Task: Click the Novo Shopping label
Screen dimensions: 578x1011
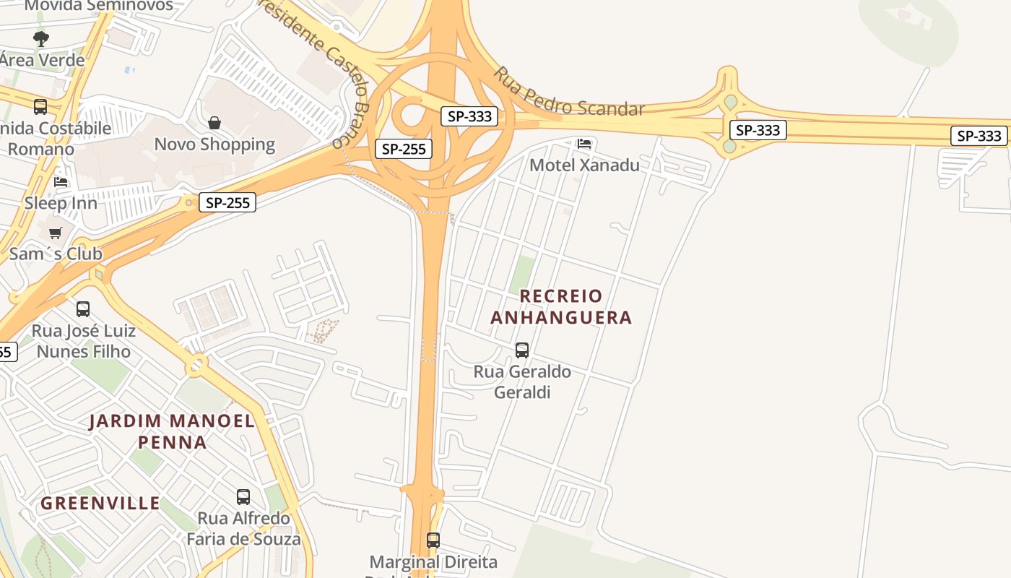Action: pyautogui.click(x=214, y=144)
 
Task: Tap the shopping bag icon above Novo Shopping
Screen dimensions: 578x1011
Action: pyautogui.click(x=214, y=124)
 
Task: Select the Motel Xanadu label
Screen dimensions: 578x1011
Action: pyautogui.click(x=584, y=165)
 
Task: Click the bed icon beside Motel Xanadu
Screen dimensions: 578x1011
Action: pyautogui.click(x=584, y=144)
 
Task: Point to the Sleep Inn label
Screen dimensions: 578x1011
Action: pyautogui.click(x=61, y=203)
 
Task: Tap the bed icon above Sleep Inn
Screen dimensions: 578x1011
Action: pyautogui.click(x=61, y=182)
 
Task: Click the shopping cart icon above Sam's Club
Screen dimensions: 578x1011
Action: pyautogui.click(x=55, y=233)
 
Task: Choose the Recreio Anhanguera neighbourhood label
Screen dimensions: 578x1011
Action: pyautogui.click(x=560, y=306)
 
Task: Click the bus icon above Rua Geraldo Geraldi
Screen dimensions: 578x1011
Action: pyautogui.click(x=521, y=350)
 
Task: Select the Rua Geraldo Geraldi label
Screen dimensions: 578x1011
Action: pyautogui.click(x=521, y=382)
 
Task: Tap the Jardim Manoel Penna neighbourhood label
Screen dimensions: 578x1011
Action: pyautogui.click(x=172, y=431)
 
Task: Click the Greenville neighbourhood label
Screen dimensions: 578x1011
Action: pyautogui.click(x=100, y=504)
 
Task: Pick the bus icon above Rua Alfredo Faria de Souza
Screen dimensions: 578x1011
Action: pyautogui.click(x=243, y=497)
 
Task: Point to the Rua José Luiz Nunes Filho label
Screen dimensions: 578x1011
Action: pyautogui.click(x=84, y=342)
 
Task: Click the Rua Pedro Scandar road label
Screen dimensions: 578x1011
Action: pyautogui.click(x=568, y=93)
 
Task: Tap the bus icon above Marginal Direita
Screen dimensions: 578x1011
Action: pyautogui.click(x=433, y=540)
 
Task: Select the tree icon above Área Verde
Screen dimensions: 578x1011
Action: pyautogui.click(x=41, y=39)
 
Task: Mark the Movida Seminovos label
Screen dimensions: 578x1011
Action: pyautogui.click(x=99, y=7)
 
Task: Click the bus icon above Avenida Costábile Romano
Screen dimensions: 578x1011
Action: pyautogui.click(x=40, y=107)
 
